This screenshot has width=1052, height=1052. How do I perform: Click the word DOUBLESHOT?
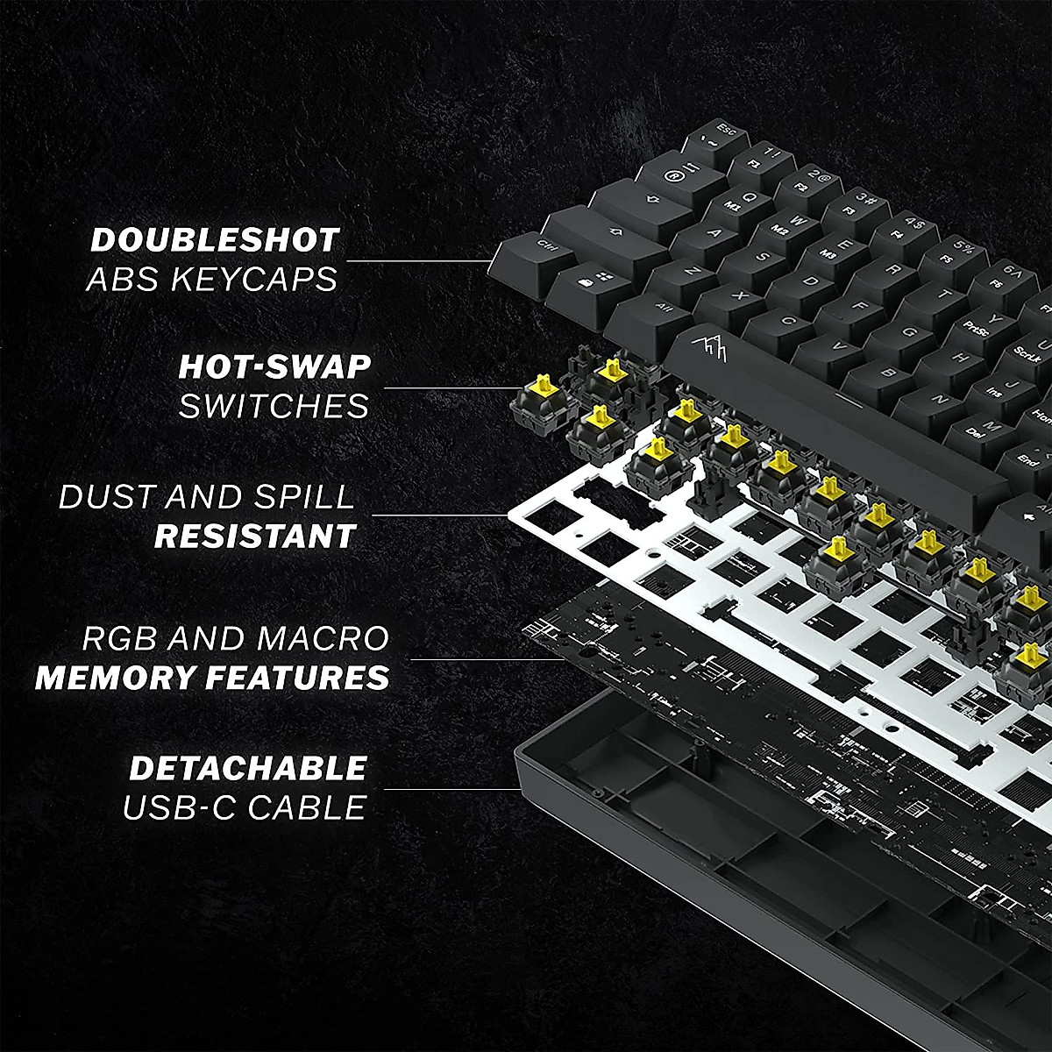[x=215, y=240]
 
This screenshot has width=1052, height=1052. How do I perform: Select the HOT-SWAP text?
[x=274, y=367]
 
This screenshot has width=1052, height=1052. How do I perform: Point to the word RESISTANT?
[x=255, y=537]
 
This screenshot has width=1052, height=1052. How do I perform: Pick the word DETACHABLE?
[x=248, y=769]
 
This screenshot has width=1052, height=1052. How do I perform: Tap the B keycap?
[x=889, y=372]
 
